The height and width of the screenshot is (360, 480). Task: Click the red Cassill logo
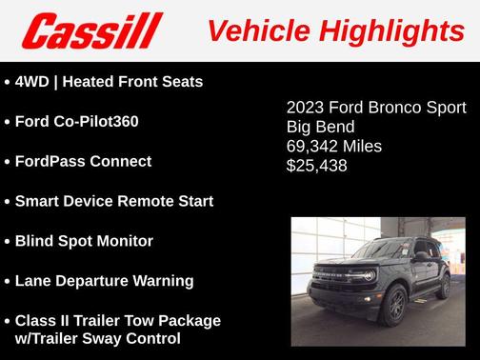(92, 30)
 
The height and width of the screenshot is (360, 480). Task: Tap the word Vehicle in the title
(255, 31)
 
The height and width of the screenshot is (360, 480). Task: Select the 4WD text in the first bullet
(31, 82)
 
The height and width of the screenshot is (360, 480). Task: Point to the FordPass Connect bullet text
(83, 162)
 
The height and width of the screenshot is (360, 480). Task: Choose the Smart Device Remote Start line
(113, 202)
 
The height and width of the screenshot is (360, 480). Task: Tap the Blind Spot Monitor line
(84, 242)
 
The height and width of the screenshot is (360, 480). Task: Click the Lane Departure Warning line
(104, 282)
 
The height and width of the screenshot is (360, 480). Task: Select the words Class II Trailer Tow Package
(117, 321)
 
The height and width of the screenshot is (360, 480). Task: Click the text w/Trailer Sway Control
(97, 338)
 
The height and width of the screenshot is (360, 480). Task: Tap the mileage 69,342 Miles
(334, 147)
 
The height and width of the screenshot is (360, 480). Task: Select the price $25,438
(317, 166)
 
